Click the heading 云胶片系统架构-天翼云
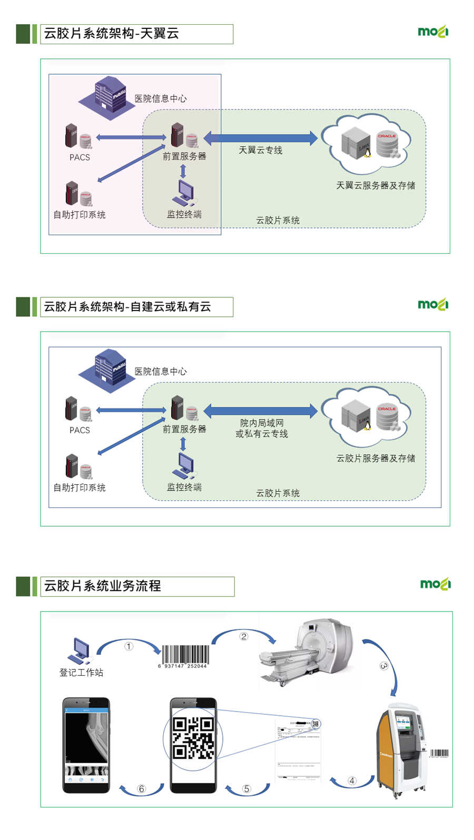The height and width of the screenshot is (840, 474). (112, 34)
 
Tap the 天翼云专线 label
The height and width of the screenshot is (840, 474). (260, 151)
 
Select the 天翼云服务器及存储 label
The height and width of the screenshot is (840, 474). (376, 185)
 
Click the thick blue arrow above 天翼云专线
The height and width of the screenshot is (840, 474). (260, 138)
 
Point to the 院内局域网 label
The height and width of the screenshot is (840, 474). (262, 423)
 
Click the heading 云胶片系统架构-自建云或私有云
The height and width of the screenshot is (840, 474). (127, 307)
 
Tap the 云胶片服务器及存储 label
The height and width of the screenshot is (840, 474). (376, 458)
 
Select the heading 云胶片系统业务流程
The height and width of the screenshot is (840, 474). (103, 586)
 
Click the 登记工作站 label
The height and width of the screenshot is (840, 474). (81, 673)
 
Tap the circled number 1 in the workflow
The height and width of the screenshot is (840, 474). (129, 646)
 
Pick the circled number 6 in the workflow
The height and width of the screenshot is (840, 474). (141, 788)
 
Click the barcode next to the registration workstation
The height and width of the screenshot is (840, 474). (184, 655)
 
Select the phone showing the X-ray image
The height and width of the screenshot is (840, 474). (86, 745)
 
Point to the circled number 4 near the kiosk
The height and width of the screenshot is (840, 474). (352, 781)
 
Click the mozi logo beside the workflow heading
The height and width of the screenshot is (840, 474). (435, 584)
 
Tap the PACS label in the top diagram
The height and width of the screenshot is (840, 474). (80, 157)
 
